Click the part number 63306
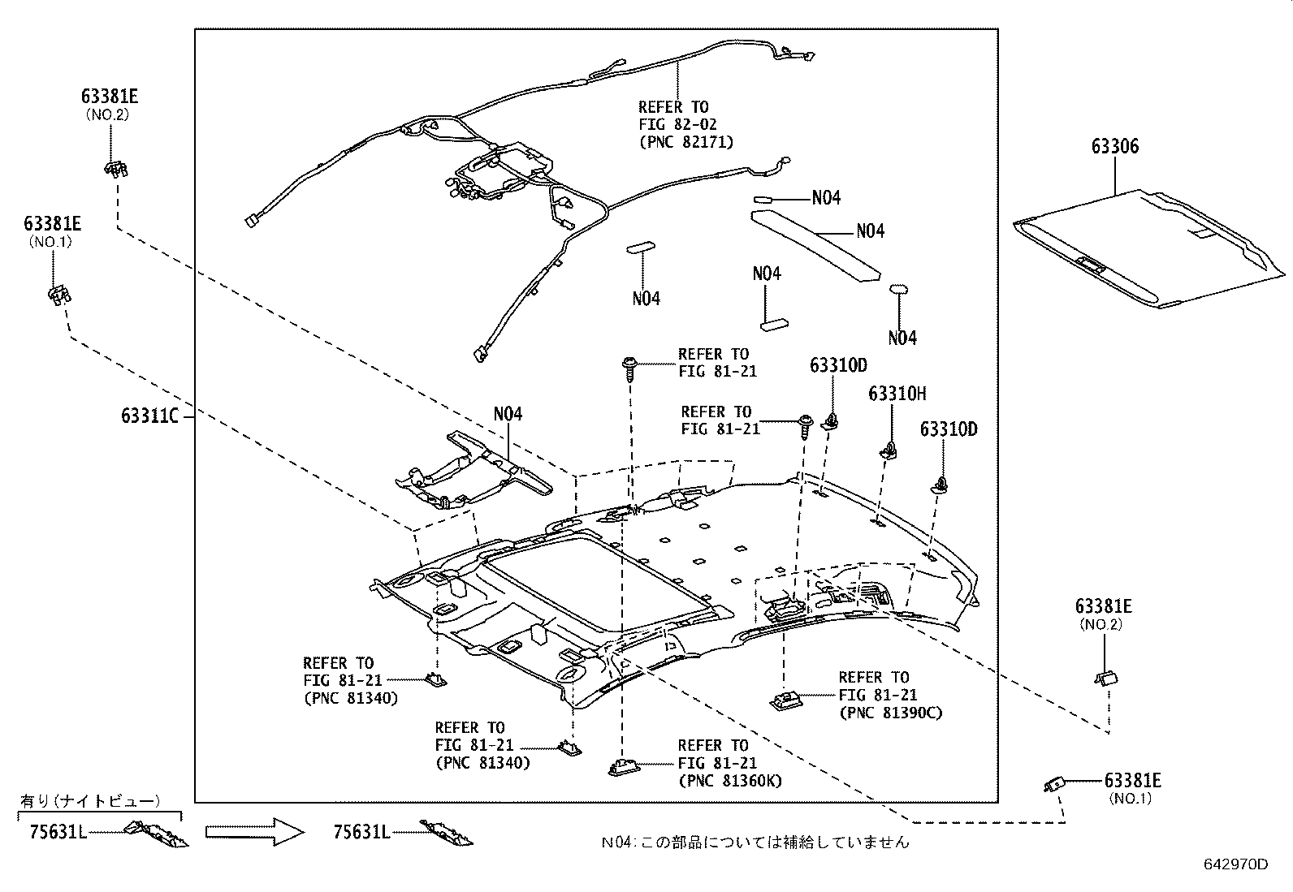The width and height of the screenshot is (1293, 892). tap(1114, 147)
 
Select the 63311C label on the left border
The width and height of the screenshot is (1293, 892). tap(149, 416)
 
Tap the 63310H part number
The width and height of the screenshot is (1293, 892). tap(897, 394)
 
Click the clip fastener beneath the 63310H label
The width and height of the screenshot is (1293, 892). tap(890, 450)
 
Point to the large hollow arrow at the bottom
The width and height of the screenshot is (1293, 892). tap(254, 832)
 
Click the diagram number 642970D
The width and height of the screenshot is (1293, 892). tap(1235, 864)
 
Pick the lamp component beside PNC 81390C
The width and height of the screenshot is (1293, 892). tap(785, 697)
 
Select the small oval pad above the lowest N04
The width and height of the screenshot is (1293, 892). tap(898, 289)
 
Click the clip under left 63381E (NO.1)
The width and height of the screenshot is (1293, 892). tap(58, 293)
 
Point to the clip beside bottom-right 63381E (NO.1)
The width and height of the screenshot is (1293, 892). tap(1054, 784)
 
